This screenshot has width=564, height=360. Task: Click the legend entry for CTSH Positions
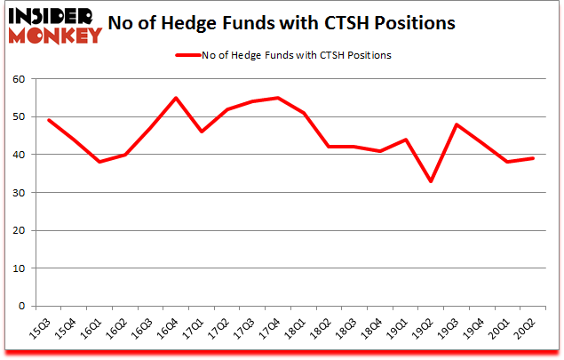(x=293, y=54)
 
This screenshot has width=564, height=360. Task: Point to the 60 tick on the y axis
(x=20, y=79)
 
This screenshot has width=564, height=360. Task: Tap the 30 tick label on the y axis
(x=20, y=193)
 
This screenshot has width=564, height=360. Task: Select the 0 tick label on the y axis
(x=22, y=306)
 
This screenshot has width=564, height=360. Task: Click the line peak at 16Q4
(x=175, y=98)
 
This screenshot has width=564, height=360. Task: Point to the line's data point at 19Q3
(x=457, y=124)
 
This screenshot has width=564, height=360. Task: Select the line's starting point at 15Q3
(x=48, y=120)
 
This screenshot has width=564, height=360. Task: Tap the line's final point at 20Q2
(x=533, y=158)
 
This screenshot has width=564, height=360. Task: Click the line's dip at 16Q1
(x=99, y=162)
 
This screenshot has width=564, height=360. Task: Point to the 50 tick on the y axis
(x=20, y=116)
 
